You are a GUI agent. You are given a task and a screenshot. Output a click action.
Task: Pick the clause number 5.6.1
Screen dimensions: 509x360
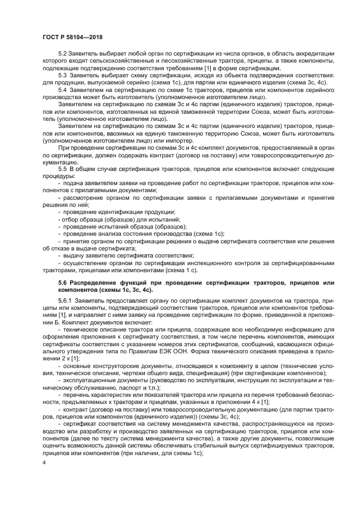(x=66, y=300)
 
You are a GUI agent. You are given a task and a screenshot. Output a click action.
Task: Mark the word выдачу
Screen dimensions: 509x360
(x=75, y=255)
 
